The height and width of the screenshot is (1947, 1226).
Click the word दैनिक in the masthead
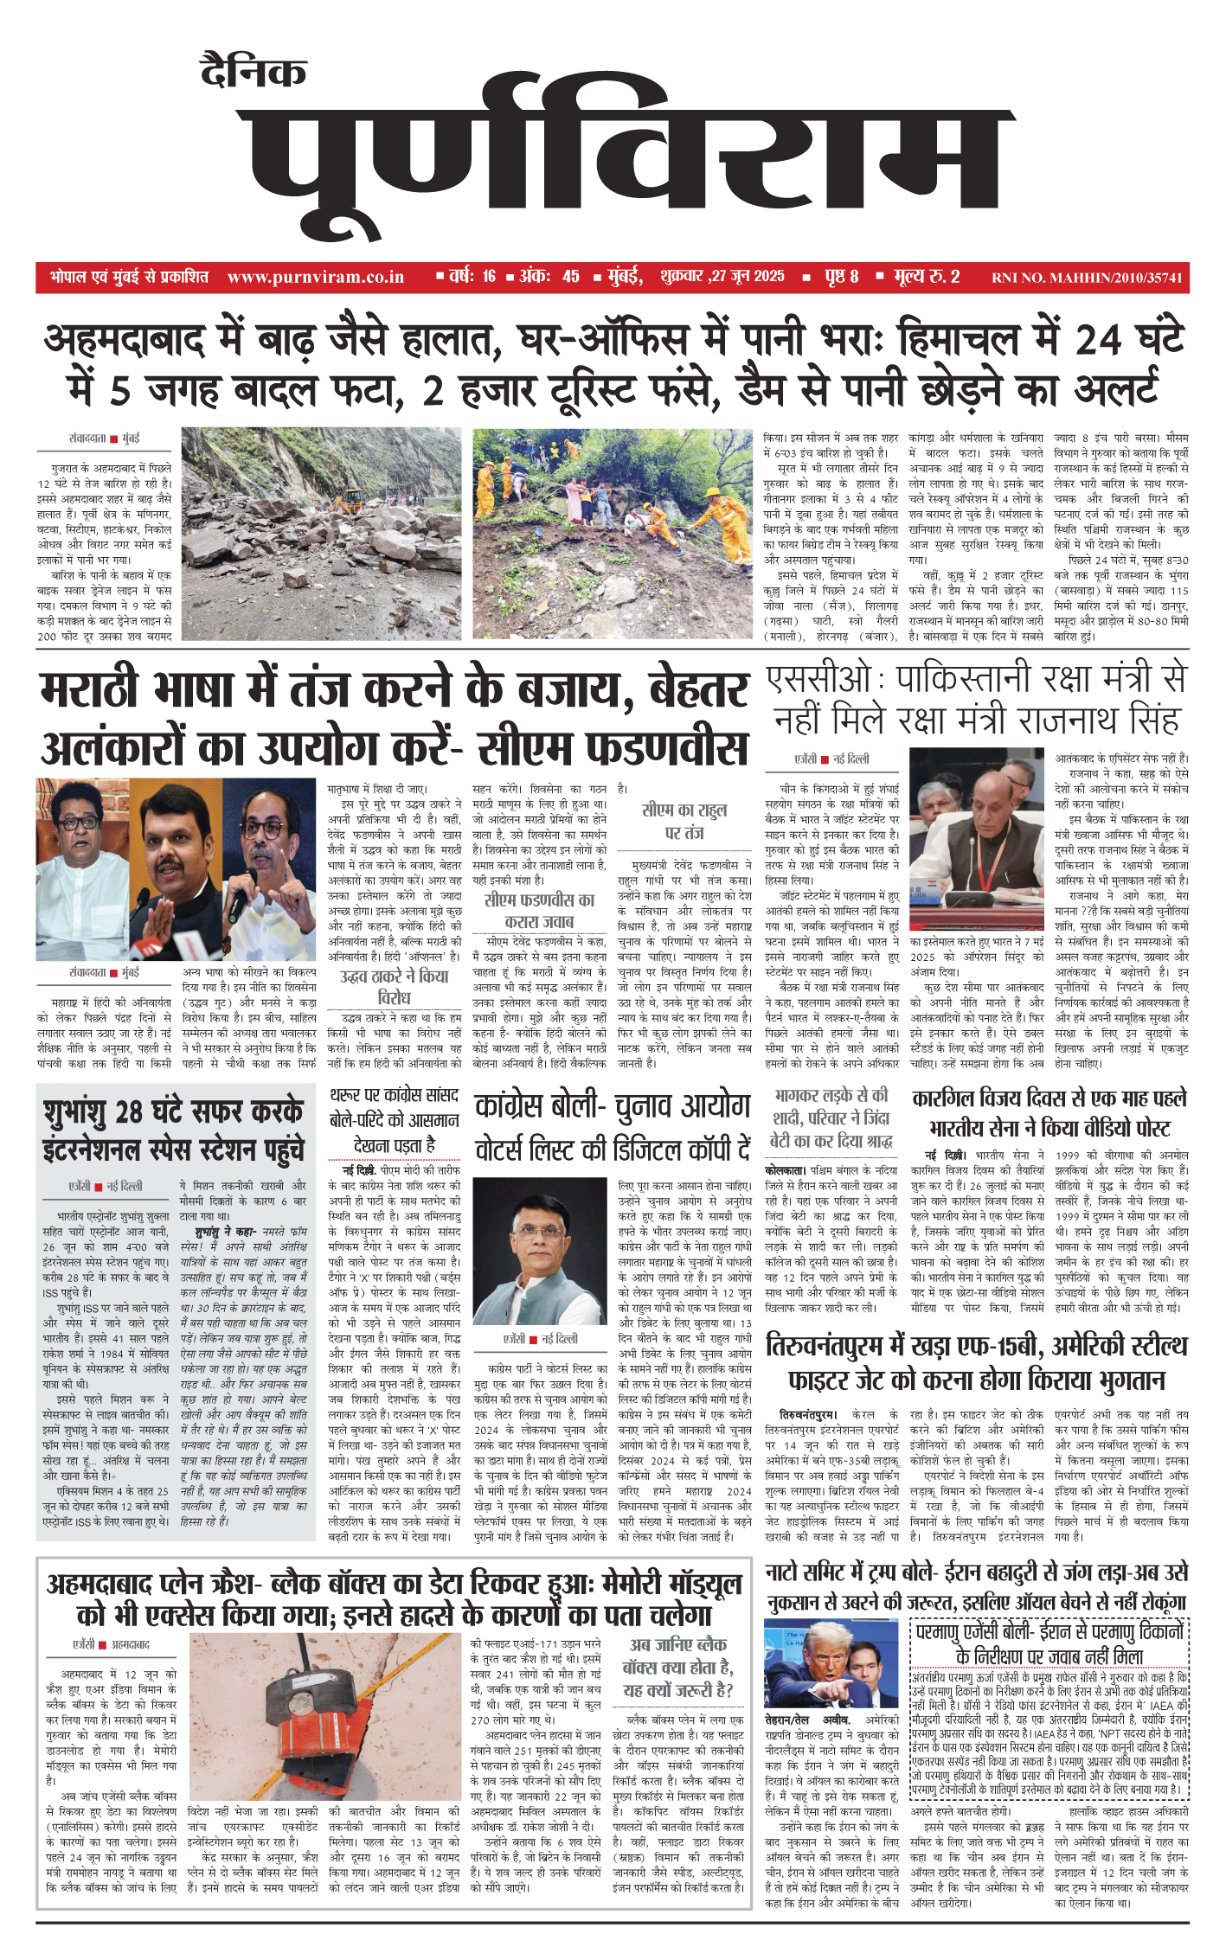[254, 70]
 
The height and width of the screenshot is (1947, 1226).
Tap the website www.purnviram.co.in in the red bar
[315, 278]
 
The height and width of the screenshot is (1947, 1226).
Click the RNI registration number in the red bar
[1087, 278]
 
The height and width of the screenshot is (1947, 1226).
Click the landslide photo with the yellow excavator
[322, 533]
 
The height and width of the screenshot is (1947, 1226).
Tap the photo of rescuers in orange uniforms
[612, 533]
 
